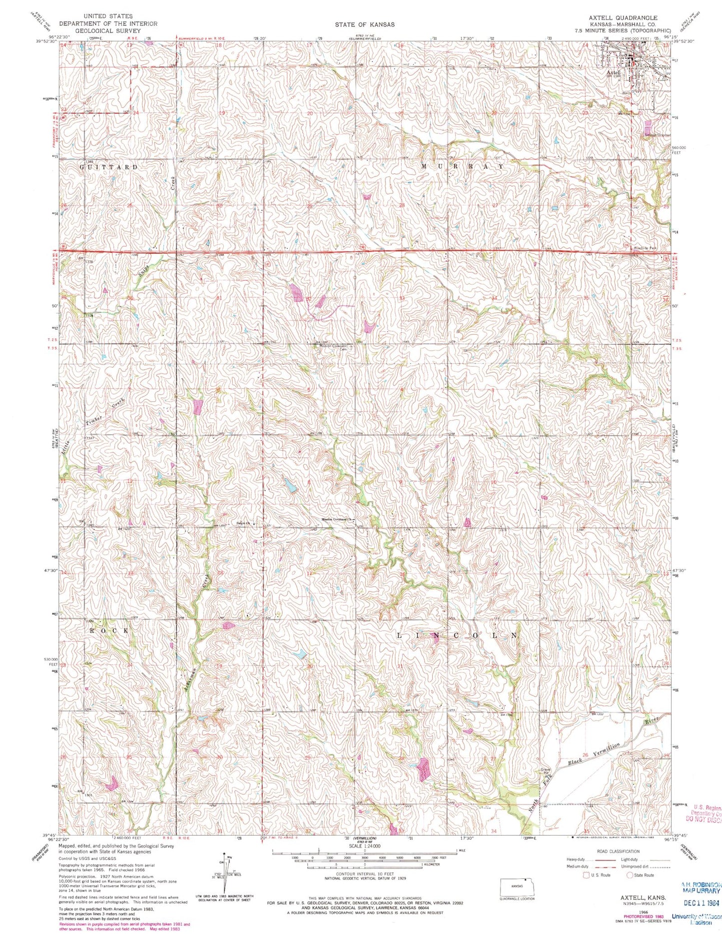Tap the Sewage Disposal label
pos(656,134)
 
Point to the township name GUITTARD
pos(109,167)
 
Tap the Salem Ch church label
pos(242,524)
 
